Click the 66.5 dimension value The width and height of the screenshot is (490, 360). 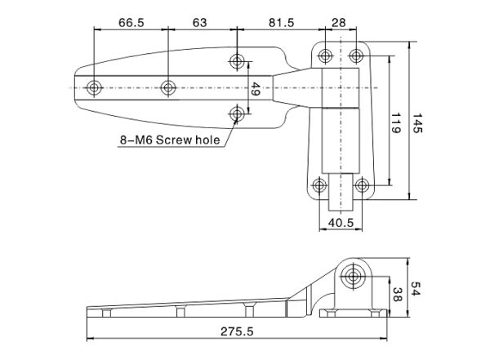pos(131,22)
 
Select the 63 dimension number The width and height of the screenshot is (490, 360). pos(198,22)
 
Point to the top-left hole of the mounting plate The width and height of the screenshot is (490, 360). pos(326,56)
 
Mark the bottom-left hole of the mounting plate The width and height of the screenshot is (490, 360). pos(321,184)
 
